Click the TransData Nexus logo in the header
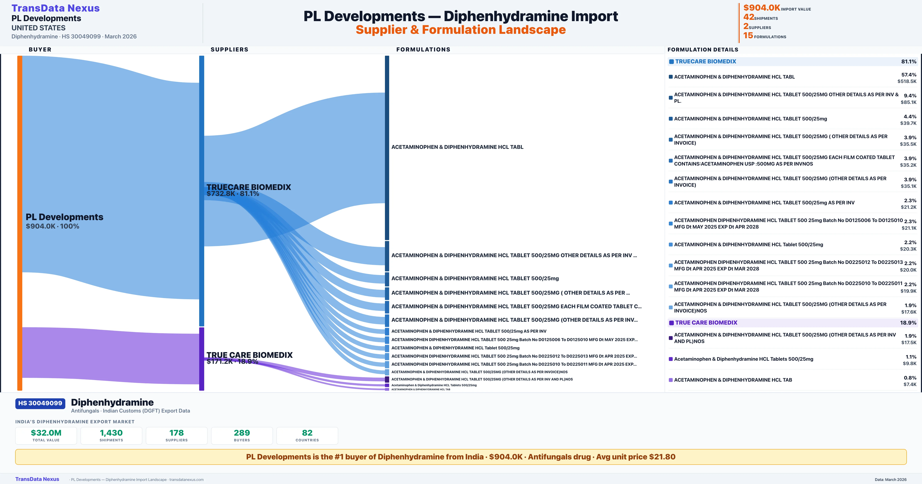56,8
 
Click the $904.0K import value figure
761,8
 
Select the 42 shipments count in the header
748,17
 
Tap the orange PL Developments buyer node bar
20,222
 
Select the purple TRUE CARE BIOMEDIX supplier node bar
201,359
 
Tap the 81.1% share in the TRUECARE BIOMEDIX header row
908,62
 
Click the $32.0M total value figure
46,433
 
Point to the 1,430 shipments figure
111,433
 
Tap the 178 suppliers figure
177,433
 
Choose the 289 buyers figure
242,433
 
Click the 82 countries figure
307,433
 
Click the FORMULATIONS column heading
423,49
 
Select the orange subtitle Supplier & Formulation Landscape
461,30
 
